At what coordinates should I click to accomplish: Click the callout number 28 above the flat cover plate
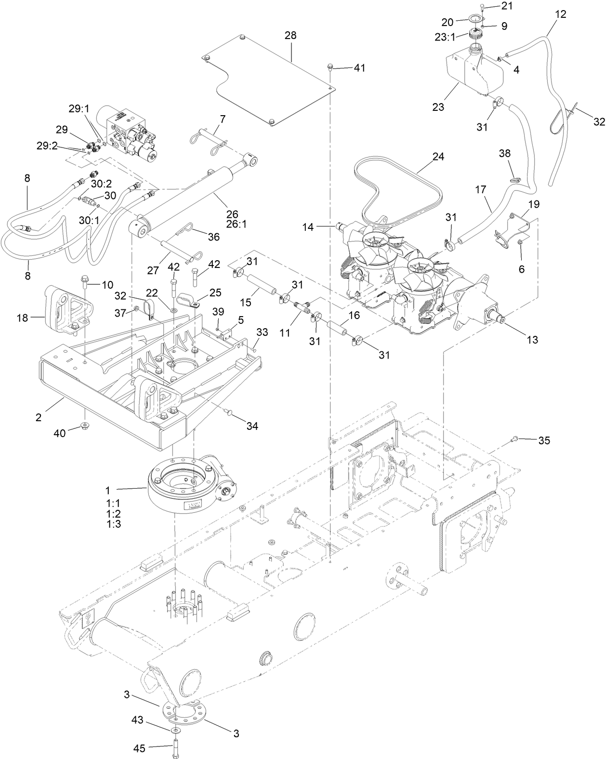(290, 36)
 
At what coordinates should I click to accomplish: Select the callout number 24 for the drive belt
(438, 157)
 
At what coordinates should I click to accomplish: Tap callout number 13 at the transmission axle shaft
(532, 340)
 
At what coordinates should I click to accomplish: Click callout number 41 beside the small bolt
(359, 68)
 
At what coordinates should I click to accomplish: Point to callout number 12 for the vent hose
(560, 14)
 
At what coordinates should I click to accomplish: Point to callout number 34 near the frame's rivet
(252, 426)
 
